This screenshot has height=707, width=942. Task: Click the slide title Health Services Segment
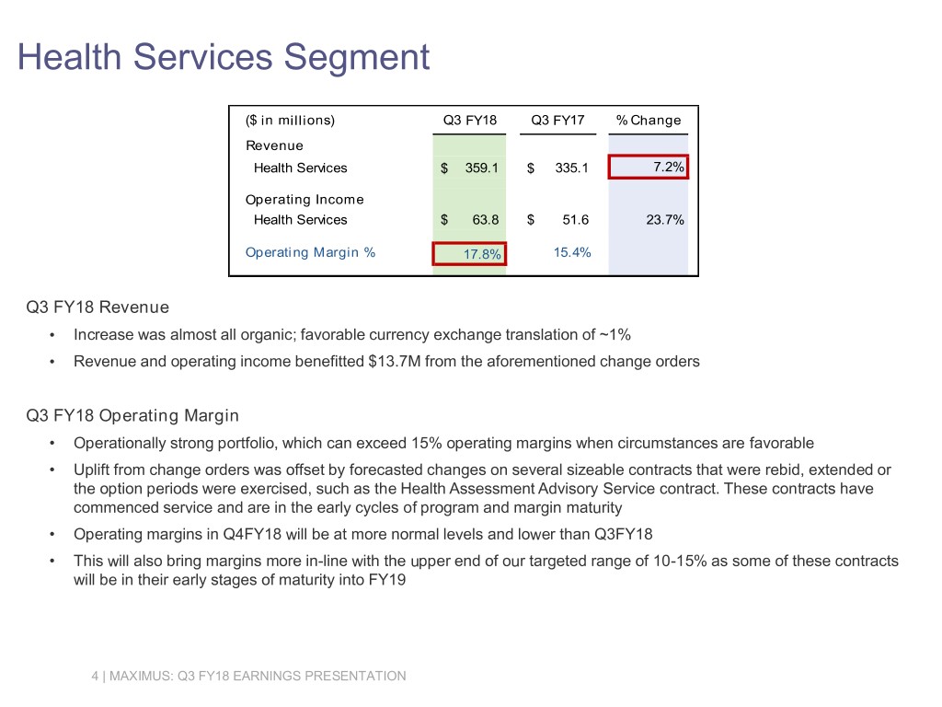pyautogui.click(x=224, y=57)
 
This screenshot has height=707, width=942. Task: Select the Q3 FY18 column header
pyautogui.click(x=469, y=120)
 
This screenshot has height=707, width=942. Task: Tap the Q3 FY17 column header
pyautogui.click(x=557, y=120)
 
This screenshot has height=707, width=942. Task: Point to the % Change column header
pyautogui.click(x=648, y=120)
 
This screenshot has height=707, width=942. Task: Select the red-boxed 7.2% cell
pyautogui.click(x=648, y=167)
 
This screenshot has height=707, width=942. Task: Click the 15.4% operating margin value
pyautogui.click(x=572, y=252)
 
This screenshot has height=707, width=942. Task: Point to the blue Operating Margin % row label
pyautogui.click(x=310, y=252)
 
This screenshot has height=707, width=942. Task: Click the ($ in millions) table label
pyautogui.click(x=290, y=120)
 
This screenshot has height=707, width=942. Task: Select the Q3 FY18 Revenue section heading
pyautogui.click(x=98, y=307)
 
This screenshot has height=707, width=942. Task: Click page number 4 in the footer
pyautogui.click(x=96, y=677)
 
